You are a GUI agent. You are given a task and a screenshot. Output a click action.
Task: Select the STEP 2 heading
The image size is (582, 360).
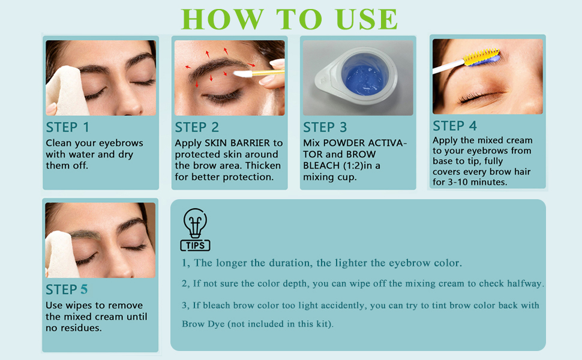pos(197,127)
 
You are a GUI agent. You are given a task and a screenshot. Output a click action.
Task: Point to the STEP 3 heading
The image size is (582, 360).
pos(325,127)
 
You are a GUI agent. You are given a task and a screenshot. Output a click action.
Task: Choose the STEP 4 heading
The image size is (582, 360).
pos(454,125)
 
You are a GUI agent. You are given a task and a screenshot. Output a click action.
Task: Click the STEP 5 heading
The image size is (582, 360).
pos(67,290)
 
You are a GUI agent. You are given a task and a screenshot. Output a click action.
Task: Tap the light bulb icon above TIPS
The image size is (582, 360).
pos(195,223)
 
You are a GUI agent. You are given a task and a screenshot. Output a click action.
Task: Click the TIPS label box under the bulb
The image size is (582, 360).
pos(195,245)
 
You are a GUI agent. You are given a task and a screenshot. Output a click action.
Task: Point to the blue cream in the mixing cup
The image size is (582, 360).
pos(358,79)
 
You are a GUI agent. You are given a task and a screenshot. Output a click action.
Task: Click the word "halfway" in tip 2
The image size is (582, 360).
pos(524,283)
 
